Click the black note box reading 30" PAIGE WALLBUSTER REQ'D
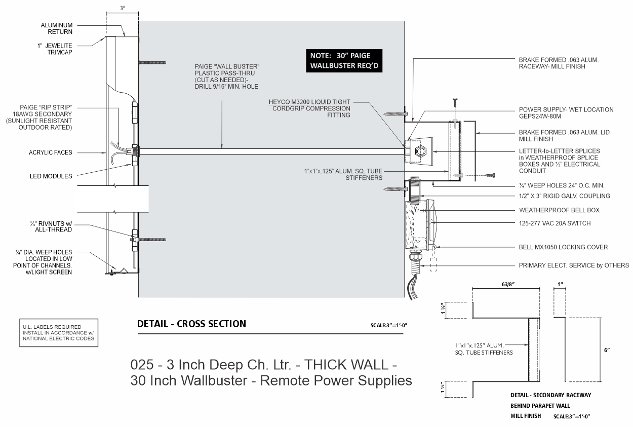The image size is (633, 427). click(344, 61)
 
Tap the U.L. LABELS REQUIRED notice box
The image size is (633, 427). click(59, 333)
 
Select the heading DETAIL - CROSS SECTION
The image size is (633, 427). click(191, 324)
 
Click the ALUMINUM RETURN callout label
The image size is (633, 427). click(57, 28)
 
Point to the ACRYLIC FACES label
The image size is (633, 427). click(50, 152)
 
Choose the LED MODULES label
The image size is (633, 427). click(51, 176)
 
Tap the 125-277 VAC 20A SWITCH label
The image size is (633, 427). click(555, 223)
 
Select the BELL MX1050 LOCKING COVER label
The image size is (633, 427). click(563, 247)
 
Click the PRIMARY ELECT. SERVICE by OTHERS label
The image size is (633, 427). click(574, 265)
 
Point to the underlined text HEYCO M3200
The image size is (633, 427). click(289, 102)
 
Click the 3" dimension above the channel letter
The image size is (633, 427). click(123, 8)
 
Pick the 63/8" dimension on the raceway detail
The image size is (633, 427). click(508, 284)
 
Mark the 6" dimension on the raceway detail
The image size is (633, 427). click(607, 350)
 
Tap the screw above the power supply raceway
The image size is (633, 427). click(455, 102)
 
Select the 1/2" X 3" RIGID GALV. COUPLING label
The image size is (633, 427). click(564, 196)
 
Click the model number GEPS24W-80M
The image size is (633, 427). click(540, 116)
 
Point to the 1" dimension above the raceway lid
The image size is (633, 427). click(560, 284)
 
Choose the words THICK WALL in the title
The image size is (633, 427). click(346, 365)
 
